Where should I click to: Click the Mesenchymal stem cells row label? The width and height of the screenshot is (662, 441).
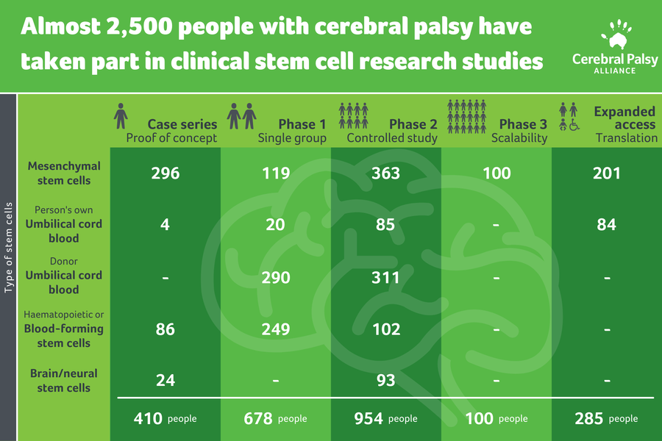coord(64,173)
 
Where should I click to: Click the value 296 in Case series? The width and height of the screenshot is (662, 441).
coord(165,173)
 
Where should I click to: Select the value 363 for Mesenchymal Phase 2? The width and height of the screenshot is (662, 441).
coord(385,173)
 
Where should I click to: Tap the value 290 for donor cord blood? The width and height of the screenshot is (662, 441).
coord(275,278)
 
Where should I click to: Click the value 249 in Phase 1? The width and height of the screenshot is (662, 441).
coord(275,329)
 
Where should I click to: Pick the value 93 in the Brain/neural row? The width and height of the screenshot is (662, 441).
coord(385,381)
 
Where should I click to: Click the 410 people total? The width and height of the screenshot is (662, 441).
coord(165,419)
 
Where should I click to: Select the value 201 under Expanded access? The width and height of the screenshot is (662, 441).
coord(606,173)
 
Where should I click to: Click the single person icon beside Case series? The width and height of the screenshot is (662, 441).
coord(121,115)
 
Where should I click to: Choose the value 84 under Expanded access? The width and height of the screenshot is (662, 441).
coord(606,225)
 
